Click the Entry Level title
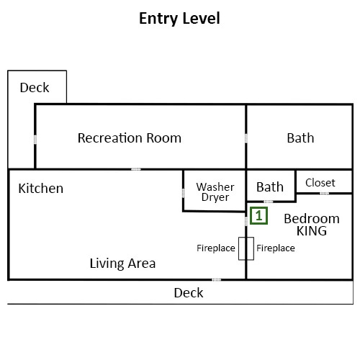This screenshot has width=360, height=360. tap(179, 19)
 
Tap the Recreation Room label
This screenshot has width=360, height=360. tap(130, 138)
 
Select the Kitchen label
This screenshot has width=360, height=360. tap(41, 189)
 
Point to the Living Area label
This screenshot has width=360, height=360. tap(122, 264)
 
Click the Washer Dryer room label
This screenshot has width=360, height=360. tap(215, 192)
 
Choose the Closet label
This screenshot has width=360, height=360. tap(320, 183)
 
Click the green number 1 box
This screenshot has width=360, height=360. tap(258, 216)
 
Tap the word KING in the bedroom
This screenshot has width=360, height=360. tap(312, 231)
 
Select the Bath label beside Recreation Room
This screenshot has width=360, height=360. tap(300, 138)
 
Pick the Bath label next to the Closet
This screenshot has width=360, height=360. tap(270, 187)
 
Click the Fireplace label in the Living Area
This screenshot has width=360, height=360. tap(216, 248)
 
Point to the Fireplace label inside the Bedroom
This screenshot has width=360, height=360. tap(276, 248)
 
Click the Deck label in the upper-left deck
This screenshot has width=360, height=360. tap(35, 88)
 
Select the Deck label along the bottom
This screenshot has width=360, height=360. tap(189, 293)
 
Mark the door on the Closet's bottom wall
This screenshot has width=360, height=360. tap(324, 193)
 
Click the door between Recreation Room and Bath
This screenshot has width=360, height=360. tap(246, 138)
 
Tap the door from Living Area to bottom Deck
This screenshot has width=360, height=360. tap(216, 279)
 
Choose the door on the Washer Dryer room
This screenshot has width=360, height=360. tap(183, 193)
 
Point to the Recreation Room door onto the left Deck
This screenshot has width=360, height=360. tap(35, 140)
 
